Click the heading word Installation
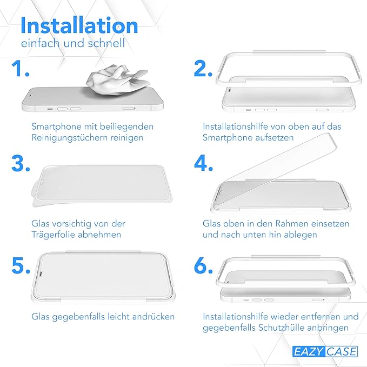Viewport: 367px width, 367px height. pos(79,25)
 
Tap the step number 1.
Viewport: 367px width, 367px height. pos(21,68)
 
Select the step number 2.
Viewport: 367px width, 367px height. pos(203,68)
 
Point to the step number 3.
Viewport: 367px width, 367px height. pos(21,163)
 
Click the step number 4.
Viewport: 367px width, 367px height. pos(203,163)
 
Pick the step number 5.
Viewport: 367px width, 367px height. pos(21,265)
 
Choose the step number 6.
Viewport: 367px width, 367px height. pos(203,265)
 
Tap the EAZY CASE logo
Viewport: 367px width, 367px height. pos(325,351)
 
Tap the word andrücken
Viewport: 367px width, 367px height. pos(154,317)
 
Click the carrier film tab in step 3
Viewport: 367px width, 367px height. pos(35,194)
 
